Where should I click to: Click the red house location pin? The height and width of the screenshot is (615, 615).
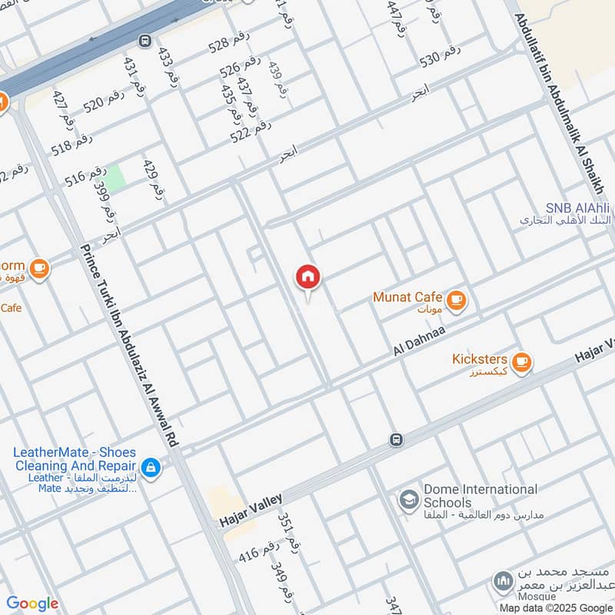(308, 277)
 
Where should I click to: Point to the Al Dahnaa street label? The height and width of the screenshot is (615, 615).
(421, 337)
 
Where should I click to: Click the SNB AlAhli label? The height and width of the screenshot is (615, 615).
(577, 208)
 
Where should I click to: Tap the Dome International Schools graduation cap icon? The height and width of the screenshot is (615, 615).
(409, 500)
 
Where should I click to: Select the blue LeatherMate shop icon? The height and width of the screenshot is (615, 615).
(151, 467)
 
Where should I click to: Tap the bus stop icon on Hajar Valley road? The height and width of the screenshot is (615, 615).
(396, 440)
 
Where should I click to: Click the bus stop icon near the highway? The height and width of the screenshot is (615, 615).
(145, 40)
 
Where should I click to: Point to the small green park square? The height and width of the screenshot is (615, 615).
(115, 178)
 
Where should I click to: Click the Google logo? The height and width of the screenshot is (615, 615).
(32, 603)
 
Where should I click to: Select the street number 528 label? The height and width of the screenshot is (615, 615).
(230, 44)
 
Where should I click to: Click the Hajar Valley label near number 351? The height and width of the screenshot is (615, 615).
(251, 510)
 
